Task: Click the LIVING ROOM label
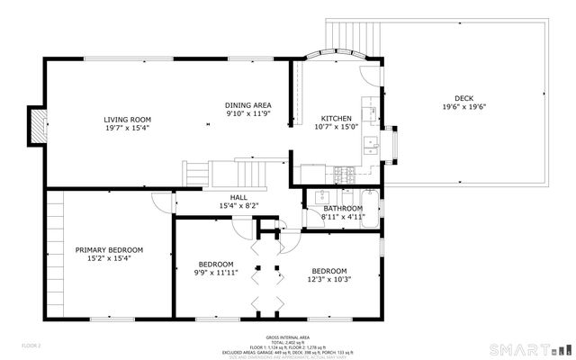(127, 119)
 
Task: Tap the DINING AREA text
(247, 105)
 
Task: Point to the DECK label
(463, 98)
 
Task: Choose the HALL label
(238, 197)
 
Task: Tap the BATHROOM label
(343, 208)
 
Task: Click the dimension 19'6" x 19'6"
(463, 107)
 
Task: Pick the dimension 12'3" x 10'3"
(329, 279)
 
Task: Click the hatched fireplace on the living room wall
(36, 125)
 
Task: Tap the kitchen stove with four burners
(342, 171)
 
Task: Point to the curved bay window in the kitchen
(333, 55)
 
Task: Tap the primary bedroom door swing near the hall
(162, 202)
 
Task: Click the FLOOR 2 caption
(31, 345)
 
